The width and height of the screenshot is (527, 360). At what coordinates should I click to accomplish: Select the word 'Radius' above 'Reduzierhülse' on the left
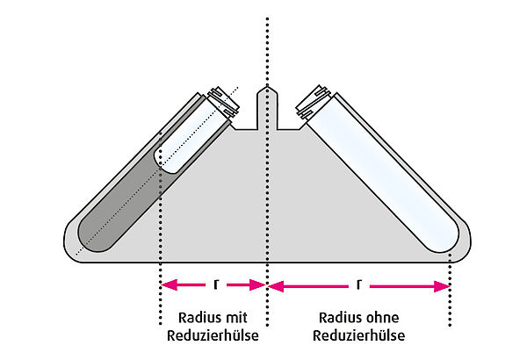click(x=196, y=318)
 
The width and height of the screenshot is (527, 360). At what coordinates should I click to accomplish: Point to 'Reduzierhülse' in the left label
click(x=213, y=335)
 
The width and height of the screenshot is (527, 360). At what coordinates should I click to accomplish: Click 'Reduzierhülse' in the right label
click(x=359, y=335)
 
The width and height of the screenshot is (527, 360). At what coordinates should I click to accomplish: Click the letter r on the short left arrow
click(x=216, y=285)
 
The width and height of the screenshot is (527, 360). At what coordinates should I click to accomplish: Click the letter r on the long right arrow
click(x=359, y=285)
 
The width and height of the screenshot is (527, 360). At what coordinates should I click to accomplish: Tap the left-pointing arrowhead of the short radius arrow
click(x=169, y=285)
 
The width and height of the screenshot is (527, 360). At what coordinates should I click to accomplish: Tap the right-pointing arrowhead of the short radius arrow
click(x=257, y=285)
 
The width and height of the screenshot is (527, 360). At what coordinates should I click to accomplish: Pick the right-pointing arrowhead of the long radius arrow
click(x=442, y=286)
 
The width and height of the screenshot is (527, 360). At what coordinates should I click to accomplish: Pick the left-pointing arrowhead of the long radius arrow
click(x=277, y=286)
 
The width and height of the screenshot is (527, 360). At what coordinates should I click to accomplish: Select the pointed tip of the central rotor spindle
click(x=267, y=88)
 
